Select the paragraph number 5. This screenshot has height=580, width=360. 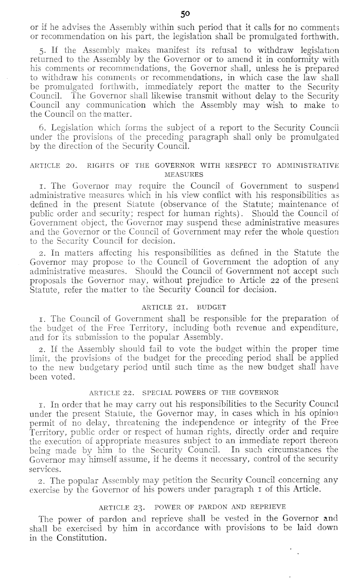[x=27, y=51]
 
